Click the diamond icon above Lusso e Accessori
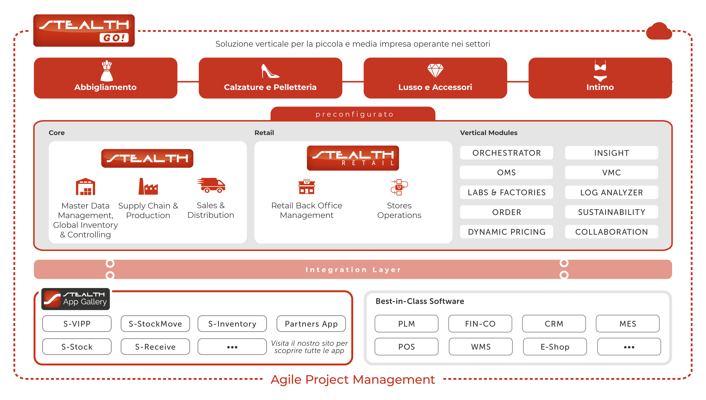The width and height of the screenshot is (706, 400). pos(435,70)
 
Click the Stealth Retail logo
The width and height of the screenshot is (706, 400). pos(353,158)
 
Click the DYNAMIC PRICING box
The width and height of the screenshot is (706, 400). pos(506,232)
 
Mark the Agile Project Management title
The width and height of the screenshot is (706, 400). pos(353,380)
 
